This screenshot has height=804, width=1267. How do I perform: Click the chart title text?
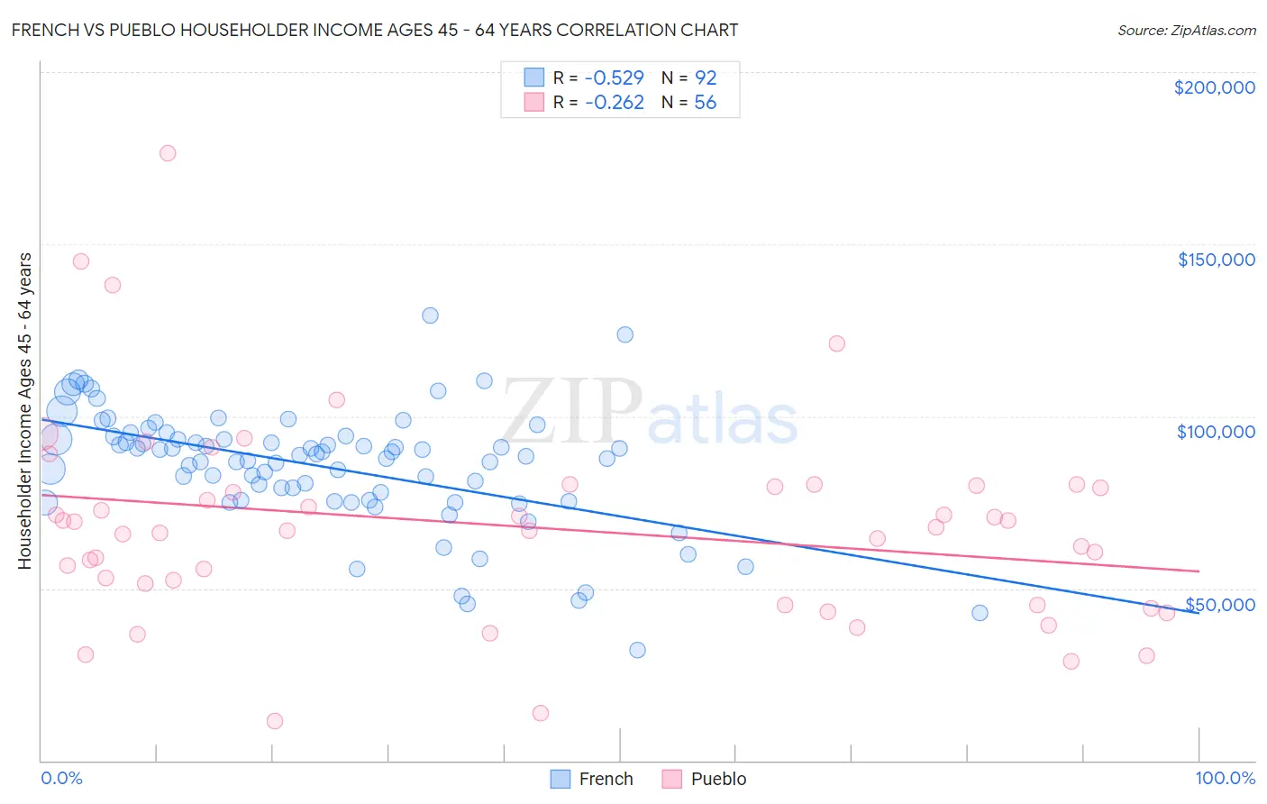tap(375, 30)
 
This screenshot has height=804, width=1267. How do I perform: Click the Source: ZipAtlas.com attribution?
tap(1186, 30)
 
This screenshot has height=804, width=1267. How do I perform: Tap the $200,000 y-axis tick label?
tap(1214, 87)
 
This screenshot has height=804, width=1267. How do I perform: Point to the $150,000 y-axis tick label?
tap(1216, 260)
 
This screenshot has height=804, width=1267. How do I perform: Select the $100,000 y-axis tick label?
tap(1216, 432)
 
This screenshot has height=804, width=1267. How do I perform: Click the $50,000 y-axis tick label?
tap(1219, 604)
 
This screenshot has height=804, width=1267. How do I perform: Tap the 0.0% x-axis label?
tap(61, 778)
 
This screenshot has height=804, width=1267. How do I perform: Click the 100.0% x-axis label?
tap(1225, 778)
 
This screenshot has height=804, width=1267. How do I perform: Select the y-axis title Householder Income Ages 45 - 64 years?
tap(24, 411)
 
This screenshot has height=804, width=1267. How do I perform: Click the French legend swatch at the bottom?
tap(561, 779)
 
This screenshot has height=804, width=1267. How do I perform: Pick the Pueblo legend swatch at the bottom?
tap(672, 779)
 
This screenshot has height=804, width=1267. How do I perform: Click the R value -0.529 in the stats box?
tap(614, 78)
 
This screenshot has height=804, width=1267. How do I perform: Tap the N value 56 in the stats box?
tap(705, 103)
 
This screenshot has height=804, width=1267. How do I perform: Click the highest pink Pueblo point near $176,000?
tap(168, 153)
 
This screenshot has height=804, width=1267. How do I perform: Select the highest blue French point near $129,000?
tap(430, 315)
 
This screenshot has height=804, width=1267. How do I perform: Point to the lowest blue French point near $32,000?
tap(637, 650)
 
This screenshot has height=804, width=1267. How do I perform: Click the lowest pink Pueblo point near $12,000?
tap(275, 721)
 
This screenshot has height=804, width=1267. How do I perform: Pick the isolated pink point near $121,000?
tap(836, 343)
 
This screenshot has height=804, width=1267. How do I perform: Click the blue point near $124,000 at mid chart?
tap(624, 334)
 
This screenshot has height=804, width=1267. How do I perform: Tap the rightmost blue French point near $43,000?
tap(980, 613)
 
